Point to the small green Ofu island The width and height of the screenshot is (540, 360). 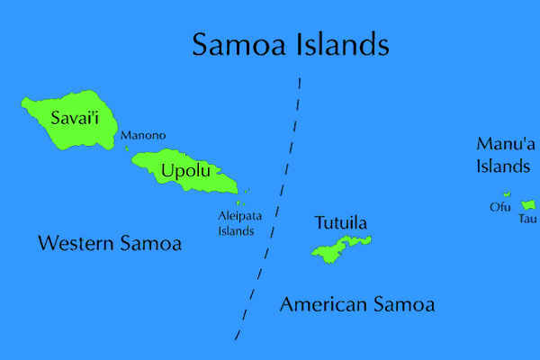[507, 193]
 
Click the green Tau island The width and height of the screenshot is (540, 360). [528, 205]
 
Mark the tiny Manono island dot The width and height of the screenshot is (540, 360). [126, 148]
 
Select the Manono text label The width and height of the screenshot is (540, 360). [144, 136]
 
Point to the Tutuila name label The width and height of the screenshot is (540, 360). [341, 222]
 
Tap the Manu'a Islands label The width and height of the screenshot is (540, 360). [503, 154]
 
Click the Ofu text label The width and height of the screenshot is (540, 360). [499, 207]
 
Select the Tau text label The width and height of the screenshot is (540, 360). [526, 219]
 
